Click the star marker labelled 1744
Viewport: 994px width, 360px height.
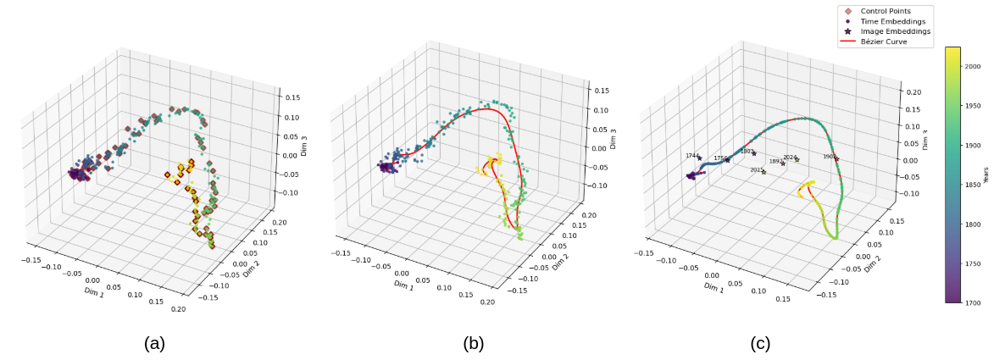(x=700, y=158)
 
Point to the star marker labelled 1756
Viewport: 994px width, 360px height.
(x=727, y=161)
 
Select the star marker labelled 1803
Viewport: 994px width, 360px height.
(x=754, y=153)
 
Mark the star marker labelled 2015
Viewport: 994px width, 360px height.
(x=764, y=172)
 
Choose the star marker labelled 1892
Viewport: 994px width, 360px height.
(x=783, y=163)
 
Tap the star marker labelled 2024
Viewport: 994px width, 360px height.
(x=797, y=159)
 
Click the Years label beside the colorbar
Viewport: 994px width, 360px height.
(x=985, y=174)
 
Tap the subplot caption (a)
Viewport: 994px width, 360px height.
(x=154, y=343)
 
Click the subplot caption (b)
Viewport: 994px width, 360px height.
(x=474, y=343)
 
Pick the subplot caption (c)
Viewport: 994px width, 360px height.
(x=760, y=343)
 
